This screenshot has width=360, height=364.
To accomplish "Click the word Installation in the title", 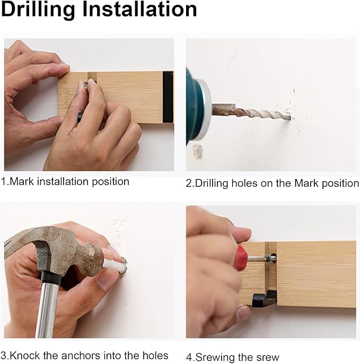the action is [x=140, y=10].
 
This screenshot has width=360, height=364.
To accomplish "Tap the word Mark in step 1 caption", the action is [x=22, y=181].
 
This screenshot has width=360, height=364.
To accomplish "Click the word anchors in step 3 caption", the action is [x=81, y=356].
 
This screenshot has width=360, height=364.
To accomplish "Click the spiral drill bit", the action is [x=252, y=112].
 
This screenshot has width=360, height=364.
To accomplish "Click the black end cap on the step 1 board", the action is [x=168, y=97].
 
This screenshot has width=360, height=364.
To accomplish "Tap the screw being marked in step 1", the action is [x=87, y=85].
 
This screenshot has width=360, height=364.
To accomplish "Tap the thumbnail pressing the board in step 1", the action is [x=64, y=66].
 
